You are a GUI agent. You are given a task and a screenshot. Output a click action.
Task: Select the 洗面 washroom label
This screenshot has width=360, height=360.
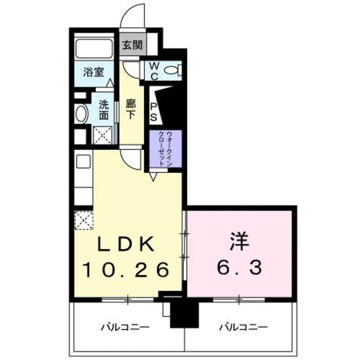[x=104, y=110]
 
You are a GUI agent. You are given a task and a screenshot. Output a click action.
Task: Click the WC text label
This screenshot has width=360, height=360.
[x=153, y=70]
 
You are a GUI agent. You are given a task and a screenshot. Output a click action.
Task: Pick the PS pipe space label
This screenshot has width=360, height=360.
[x=154, y=110]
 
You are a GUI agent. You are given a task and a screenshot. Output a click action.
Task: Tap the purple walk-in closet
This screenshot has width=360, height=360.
[x=165, y=149]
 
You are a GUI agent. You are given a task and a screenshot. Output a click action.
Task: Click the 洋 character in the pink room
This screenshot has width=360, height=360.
[x=239, y=243]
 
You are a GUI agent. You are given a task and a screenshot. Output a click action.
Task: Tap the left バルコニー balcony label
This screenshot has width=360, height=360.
[x=124, y=326]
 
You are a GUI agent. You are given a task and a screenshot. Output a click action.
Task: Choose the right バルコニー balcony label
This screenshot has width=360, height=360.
[x=243, y=326]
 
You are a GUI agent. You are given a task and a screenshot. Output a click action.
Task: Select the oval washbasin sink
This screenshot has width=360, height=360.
[x=82, y=114]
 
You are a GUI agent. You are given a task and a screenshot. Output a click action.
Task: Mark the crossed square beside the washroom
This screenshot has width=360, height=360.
[x=102, y=136]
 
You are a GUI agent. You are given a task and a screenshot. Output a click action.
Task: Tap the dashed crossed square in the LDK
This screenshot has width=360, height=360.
[x=84, y=220]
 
